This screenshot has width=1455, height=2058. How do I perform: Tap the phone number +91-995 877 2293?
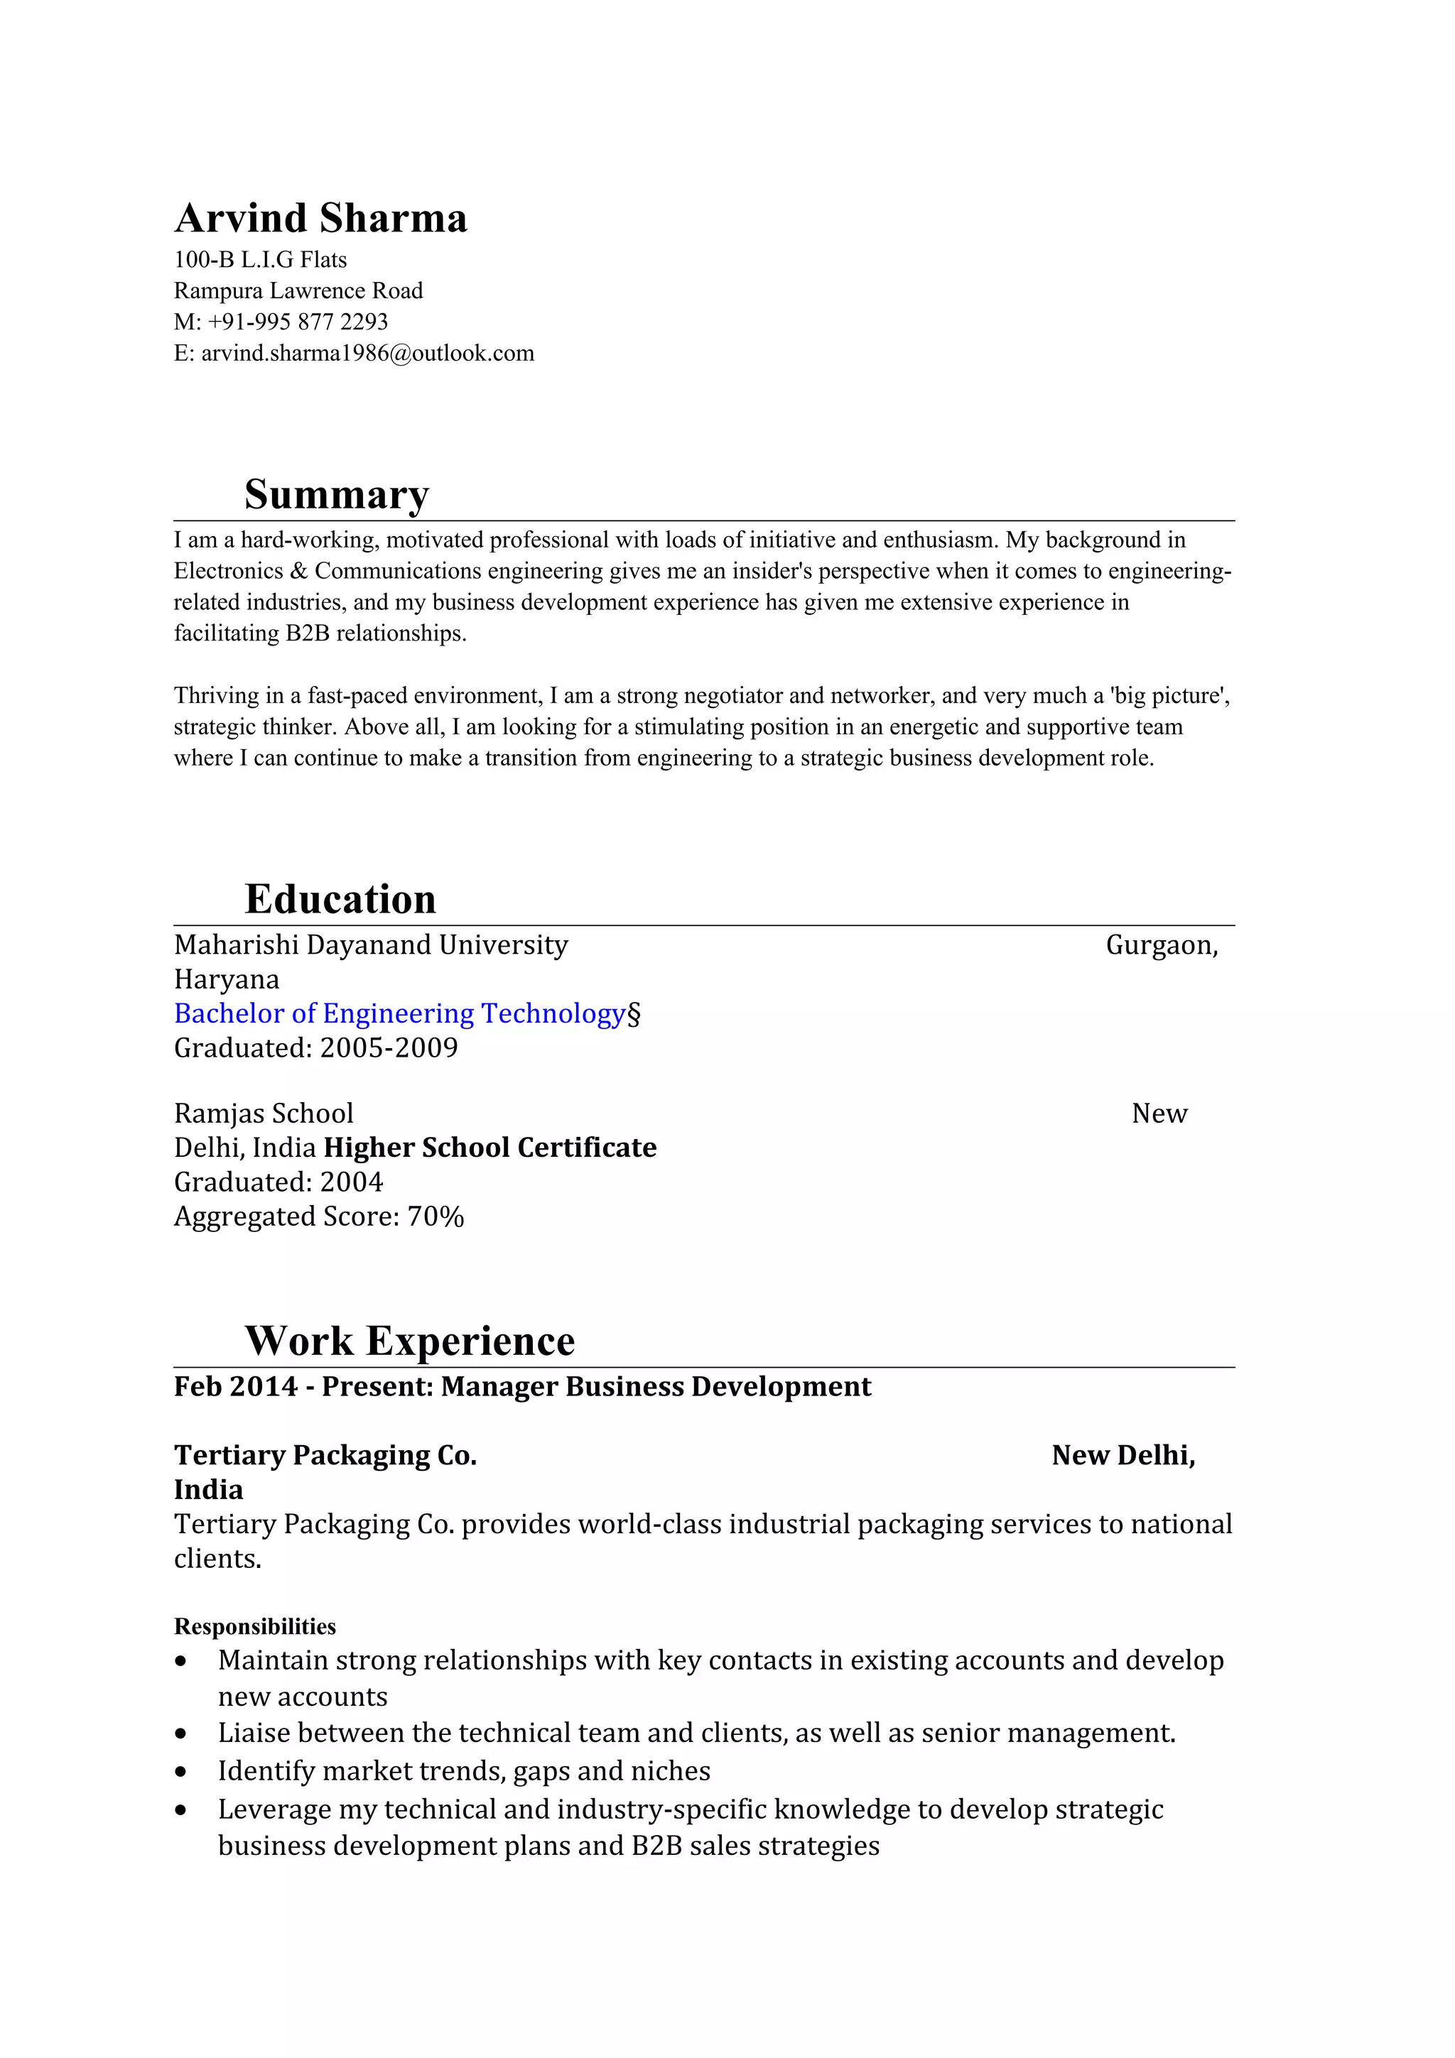point(298,322)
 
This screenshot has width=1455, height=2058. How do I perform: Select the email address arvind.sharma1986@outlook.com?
point(367,353)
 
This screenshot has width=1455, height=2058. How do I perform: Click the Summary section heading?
point(336,494)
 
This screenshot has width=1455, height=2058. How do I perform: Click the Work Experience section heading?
point(410,1341)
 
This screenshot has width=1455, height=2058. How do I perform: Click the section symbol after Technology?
point(634,1014)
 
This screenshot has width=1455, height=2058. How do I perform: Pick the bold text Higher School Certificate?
point(489,1148)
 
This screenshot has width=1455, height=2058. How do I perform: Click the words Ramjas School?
point(264,1114)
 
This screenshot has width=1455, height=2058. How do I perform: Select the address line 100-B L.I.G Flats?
point(260,260)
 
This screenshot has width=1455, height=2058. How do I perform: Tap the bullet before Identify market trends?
point(181,1772)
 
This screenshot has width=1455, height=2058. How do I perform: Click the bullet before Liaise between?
point(181,1734)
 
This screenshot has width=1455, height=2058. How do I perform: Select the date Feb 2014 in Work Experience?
point(236,1387)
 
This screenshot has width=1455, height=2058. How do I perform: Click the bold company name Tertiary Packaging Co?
point(325,1455)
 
